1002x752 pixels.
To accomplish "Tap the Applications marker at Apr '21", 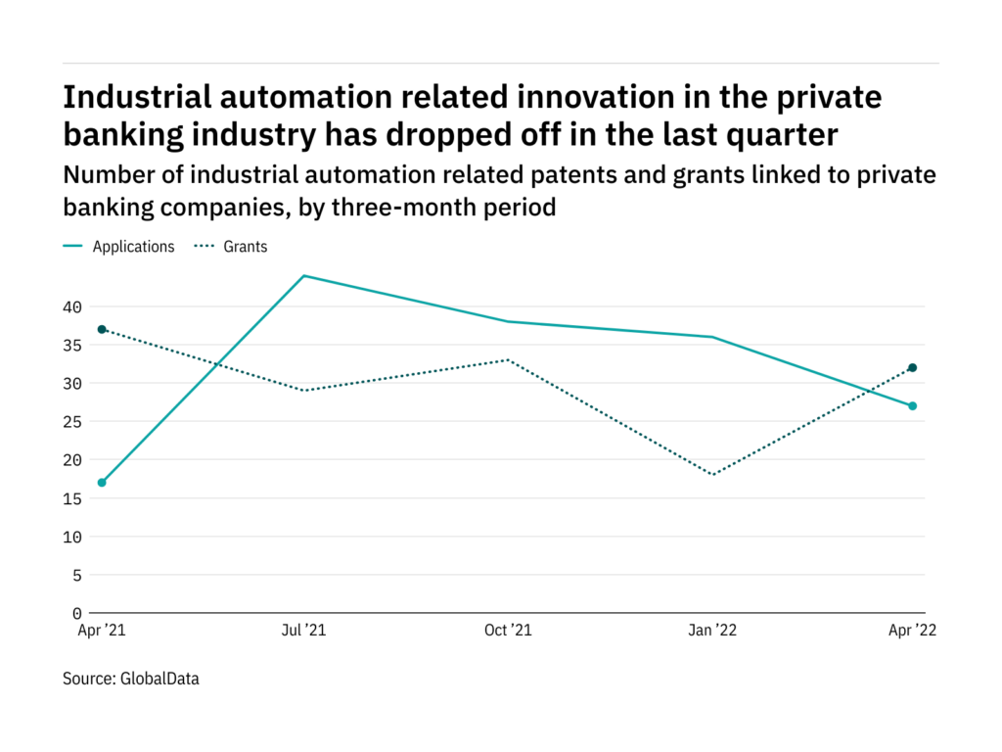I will [x=102, y=483].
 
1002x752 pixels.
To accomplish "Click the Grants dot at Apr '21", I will [x=102, y=329].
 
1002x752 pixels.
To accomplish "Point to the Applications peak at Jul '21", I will [x=304, y=275].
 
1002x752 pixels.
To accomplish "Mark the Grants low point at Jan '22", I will [x=711, y=475].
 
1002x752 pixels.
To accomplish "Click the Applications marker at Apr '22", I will [x=912, y=405].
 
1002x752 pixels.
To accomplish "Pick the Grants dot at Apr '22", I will [x=912, y=367].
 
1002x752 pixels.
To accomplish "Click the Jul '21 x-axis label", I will [x=304, y=631].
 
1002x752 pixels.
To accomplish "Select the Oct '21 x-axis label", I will [x=509, y=631].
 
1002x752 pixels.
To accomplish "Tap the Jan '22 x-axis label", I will [x=711, y=631].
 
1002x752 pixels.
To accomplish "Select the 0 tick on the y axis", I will [x=76, y=614].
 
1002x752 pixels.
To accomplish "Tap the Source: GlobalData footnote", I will [x=130, y=678].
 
